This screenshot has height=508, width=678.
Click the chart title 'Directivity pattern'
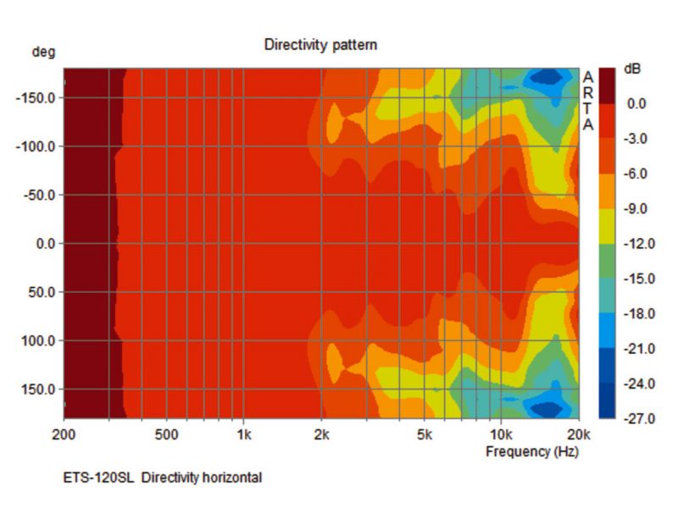(x=320, y=45)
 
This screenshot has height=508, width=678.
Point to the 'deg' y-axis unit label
(x=43, y=52)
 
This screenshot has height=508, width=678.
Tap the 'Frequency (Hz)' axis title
(x=532, y=451)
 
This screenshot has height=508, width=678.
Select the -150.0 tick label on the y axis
(x=35, y=97)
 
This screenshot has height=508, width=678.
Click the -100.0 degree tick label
(x=35, y=146)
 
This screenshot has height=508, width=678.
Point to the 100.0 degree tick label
(x=38, y=341)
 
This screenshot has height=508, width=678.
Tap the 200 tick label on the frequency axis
(x=64, y=436)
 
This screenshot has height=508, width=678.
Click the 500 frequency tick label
(x=167, y=436)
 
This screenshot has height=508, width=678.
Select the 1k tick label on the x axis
(x=243, y=436)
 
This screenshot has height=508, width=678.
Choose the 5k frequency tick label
(x=425, y=436)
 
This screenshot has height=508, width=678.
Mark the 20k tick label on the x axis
(x=579, y=436)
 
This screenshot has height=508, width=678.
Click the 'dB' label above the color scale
(x=632, y=69)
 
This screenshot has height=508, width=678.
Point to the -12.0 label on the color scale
(x=636, y=244)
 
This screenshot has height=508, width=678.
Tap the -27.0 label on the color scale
(x=636, y=419)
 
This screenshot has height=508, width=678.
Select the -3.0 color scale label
(x=636, y=139)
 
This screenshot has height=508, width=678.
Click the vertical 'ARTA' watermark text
(x=588, y=100)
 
